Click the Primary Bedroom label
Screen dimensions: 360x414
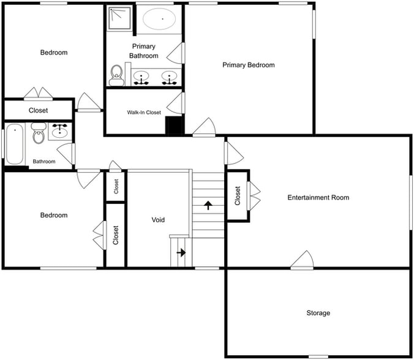248,65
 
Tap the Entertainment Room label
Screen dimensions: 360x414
318,197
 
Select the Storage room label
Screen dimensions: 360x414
318,313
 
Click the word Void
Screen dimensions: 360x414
158,220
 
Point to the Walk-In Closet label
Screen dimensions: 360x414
144,113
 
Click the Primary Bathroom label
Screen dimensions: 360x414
143,51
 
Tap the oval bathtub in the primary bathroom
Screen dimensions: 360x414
162,20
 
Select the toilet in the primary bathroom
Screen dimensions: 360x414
116,75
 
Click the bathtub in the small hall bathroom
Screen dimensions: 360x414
15,144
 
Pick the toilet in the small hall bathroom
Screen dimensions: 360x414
39,134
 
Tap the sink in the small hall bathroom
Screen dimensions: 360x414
60,132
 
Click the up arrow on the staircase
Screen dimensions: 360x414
208,205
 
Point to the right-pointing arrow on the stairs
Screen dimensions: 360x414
181,252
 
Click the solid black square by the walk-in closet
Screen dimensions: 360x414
175,125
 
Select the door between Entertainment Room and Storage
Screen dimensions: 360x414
303,261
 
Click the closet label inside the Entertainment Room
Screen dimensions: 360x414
238,195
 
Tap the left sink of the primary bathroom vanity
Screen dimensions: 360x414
143,77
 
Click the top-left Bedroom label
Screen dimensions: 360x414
54,53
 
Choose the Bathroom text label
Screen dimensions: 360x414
44,162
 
